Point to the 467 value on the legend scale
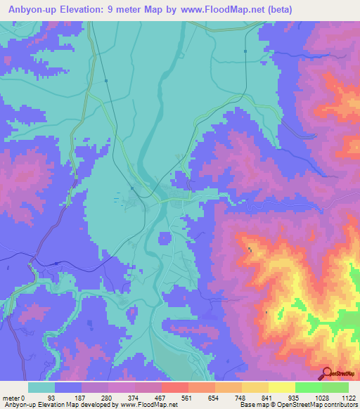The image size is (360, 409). [161, 397]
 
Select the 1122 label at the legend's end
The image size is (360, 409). [348, 397]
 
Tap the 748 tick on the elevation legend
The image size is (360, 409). [241, 397]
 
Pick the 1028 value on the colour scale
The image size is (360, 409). [321, 397]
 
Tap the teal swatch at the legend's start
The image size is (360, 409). [41, 387]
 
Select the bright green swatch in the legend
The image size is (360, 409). [308, 387]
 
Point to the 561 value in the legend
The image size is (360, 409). [188, 397]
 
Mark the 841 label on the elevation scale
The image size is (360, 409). [268, 397]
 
